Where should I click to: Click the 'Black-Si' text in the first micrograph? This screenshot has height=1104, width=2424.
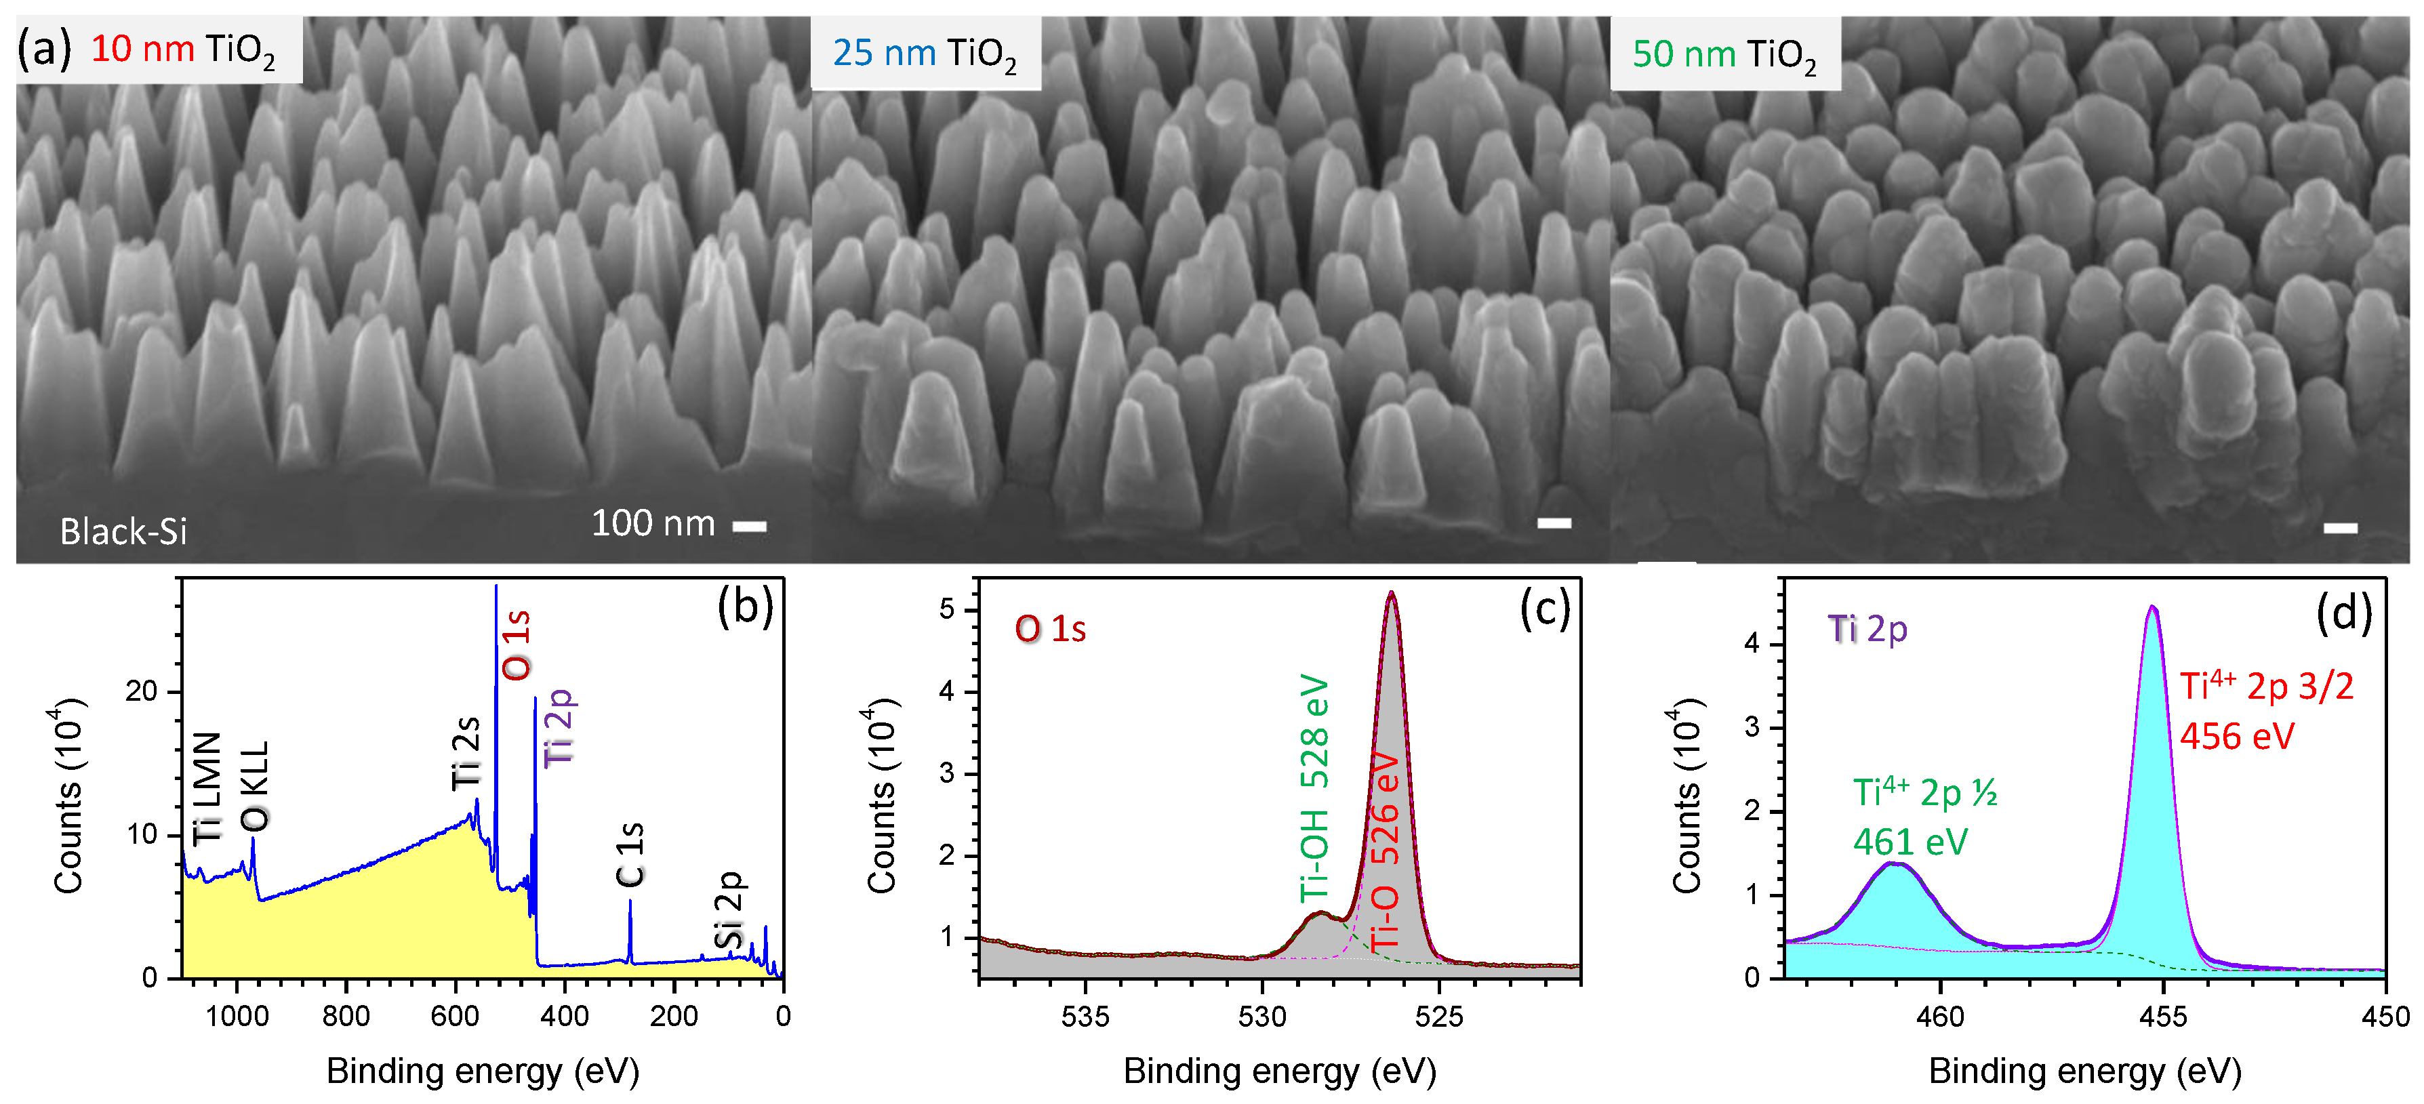point(123,532)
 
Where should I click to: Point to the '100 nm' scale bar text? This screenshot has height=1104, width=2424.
point(653,523)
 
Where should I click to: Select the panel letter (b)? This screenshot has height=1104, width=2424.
point(744,607)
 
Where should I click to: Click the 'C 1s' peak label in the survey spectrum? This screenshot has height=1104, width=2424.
point(630,855)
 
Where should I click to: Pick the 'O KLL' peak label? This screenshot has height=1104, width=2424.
point(255,787)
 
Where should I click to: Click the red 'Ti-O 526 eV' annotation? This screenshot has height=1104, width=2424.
point(1384,852)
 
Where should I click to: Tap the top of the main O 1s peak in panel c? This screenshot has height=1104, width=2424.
point(1391,594)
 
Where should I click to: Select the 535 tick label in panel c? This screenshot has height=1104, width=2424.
point(1085,1017)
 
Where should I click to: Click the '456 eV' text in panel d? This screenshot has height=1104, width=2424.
point(2237,736)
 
